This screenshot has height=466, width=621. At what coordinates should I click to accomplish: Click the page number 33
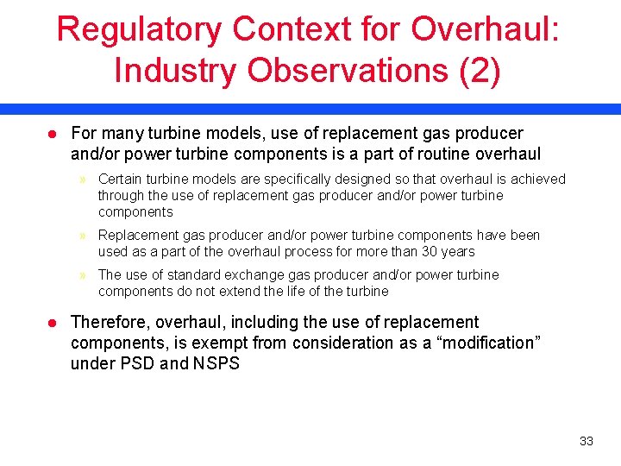point(586,441)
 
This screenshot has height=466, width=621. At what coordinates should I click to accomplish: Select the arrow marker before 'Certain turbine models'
point(83,179)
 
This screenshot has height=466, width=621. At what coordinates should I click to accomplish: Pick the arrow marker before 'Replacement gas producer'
point(83,236)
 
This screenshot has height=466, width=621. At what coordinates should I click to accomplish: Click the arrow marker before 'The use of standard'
point(83,275)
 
